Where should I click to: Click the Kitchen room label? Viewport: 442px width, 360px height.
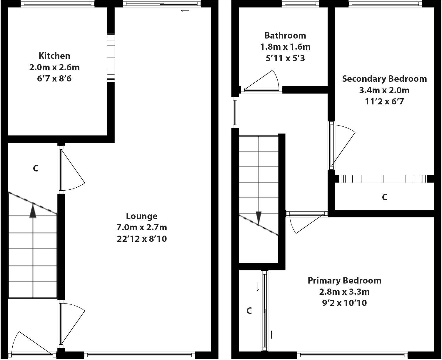54,56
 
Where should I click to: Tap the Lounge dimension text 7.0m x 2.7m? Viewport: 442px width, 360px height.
142,227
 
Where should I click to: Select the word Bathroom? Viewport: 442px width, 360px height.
285,36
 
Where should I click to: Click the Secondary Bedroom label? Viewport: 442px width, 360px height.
384,79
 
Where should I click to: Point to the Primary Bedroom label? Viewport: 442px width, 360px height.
344,280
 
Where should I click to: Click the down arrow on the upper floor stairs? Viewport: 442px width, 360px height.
258,218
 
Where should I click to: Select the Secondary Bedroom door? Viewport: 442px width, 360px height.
343,146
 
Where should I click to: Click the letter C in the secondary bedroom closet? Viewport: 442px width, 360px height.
384,197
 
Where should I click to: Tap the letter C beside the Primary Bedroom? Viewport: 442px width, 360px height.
249,311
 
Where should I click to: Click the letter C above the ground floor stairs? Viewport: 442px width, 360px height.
36,169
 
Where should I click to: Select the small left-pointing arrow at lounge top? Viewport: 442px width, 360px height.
185,11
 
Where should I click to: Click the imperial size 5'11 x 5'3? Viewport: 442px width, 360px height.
285,58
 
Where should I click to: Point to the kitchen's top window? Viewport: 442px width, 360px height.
57,4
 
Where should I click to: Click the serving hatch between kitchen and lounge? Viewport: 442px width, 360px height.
111,58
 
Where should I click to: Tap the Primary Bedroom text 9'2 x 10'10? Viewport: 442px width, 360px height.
344,303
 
